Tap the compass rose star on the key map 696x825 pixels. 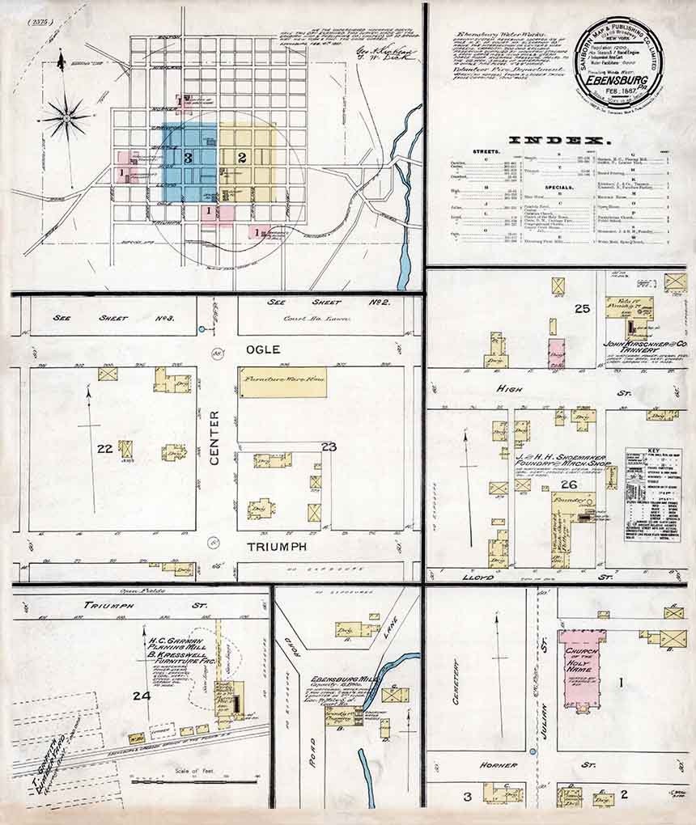click(66, 119)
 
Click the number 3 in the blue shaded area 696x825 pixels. click(188, 158)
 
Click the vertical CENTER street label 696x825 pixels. click(215, 438)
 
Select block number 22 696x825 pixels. click(104, 449)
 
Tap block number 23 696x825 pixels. click(328, 446)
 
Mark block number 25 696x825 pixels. click(582, 308)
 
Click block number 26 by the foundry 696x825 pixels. click(569, 484)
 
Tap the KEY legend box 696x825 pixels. click(653, 494)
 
